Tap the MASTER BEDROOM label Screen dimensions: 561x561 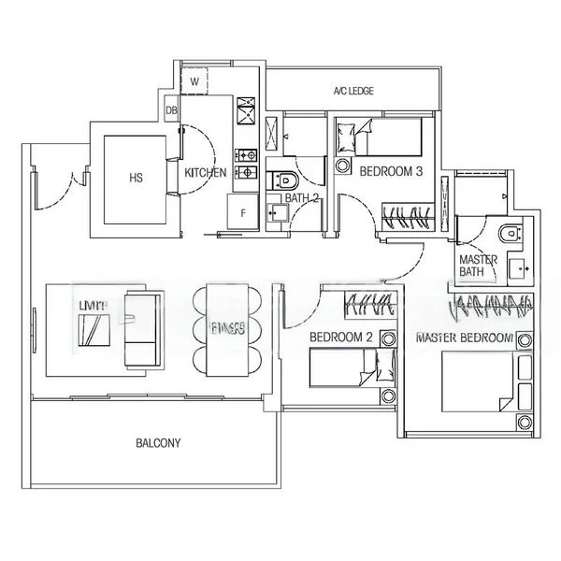(x=466, y=337)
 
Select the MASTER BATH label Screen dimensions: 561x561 (x=476, y=266)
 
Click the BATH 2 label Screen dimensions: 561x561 (x=302, y=198)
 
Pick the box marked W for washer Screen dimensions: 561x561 (x=195, y=82)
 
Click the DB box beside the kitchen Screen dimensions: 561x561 (x=171, y=111)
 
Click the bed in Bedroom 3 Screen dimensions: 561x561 (x=385, y=139)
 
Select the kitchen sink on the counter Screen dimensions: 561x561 (x=249, y=116)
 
